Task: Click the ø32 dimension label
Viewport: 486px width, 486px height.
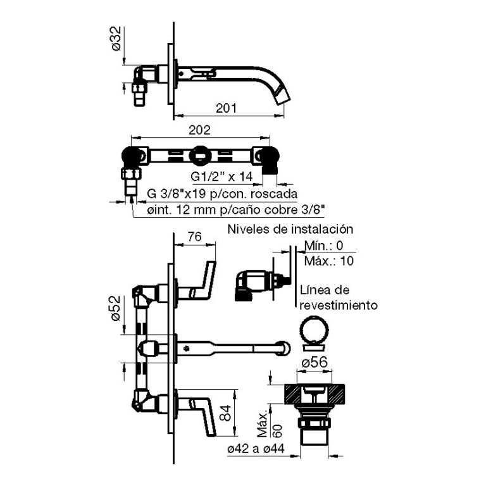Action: (x=116, y=39)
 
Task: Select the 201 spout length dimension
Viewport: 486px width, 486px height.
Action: (x=226, y=108)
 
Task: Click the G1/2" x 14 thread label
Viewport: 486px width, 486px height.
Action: (x=221, y=175)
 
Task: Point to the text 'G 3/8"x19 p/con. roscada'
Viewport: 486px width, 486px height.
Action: (x=223, y=193)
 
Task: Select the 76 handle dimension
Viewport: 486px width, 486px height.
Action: (x=195, y=237)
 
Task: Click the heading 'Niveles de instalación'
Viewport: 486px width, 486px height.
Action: (x=290, y=229)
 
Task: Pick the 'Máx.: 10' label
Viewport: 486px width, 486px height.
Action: (x=328, y=260)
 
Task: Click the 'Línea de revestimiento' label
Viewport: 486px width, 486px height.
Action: (x=338, y=297)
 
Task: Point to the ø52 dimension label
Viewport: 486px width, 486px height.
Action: (x=116, y=308)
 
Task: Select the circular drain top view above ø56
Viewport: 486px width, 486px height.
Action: (x=315, y=332)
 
